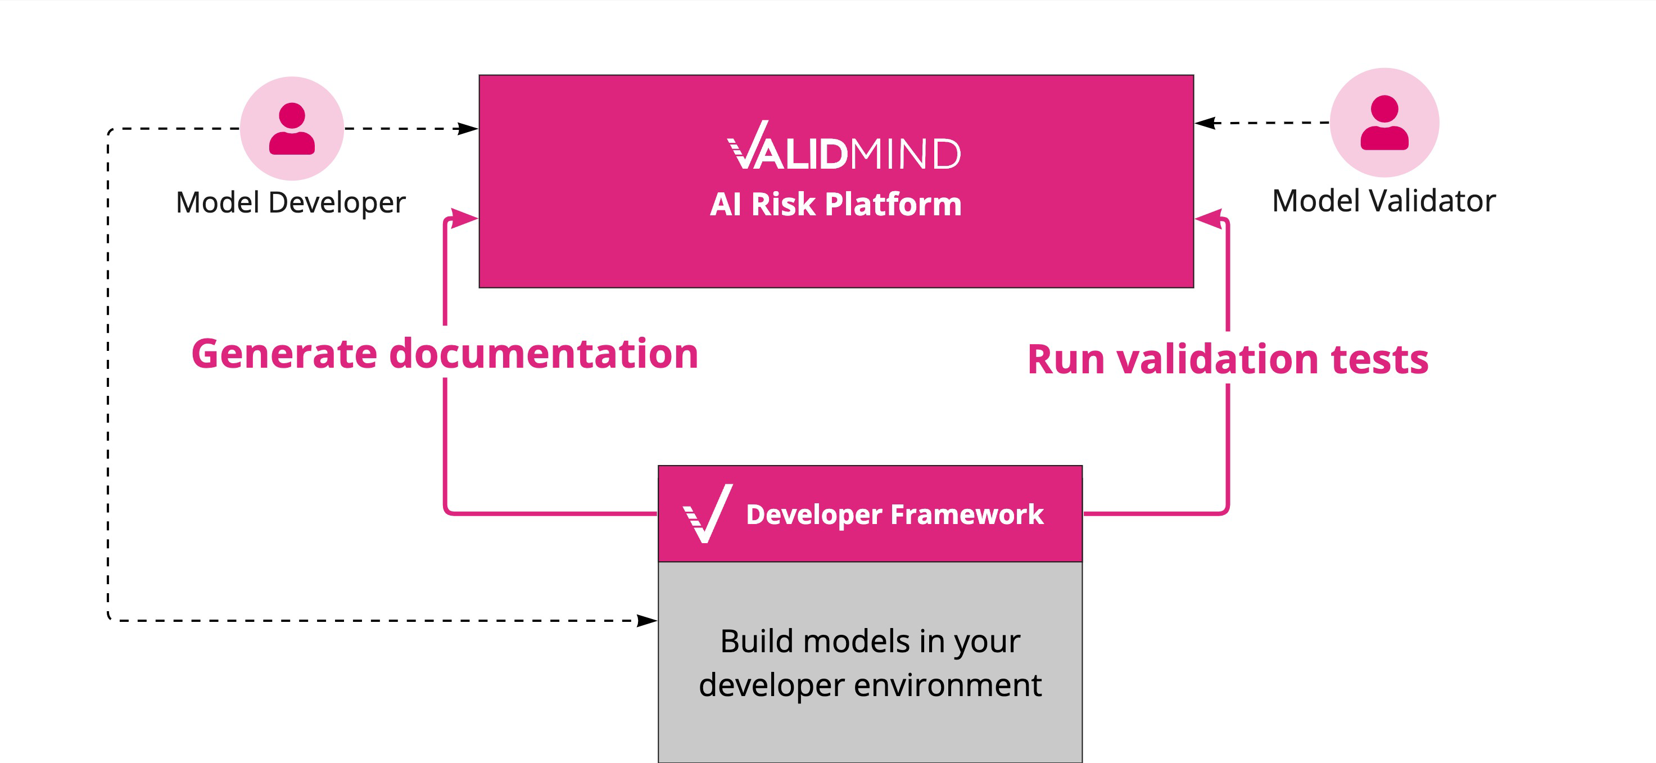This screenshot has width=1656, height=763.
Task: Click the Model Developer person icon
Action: coord(292,129)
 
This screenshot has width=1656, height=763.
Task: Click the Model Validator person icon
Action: coord(1384,123)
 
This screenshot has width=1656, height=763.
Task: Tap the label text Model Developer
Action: coord(291,202)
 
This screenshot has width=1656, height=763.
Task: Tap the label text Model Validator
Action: coord(1383,201)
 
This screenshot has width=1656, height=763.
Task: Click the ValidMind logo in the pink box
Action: coord(843,147)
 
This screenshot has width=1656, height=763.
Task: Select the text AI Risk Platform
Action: coord(836,205)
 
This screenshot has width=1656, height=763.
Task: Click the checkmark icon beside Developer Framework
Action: coord(707,513)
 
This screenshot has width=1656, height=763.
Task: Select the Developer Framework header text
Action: coord(894,514)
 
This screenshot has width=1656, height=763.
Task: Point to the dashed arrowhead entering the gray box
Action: coord(648,620)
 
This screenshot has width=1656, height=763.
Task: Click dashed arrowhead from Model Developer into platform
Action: coord(468,129)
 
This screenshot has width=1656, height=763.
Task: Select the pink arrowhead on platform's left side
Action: coord(464,218)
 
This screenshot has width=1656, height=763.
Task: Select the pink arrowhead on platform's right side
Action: coord(1209,219)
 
